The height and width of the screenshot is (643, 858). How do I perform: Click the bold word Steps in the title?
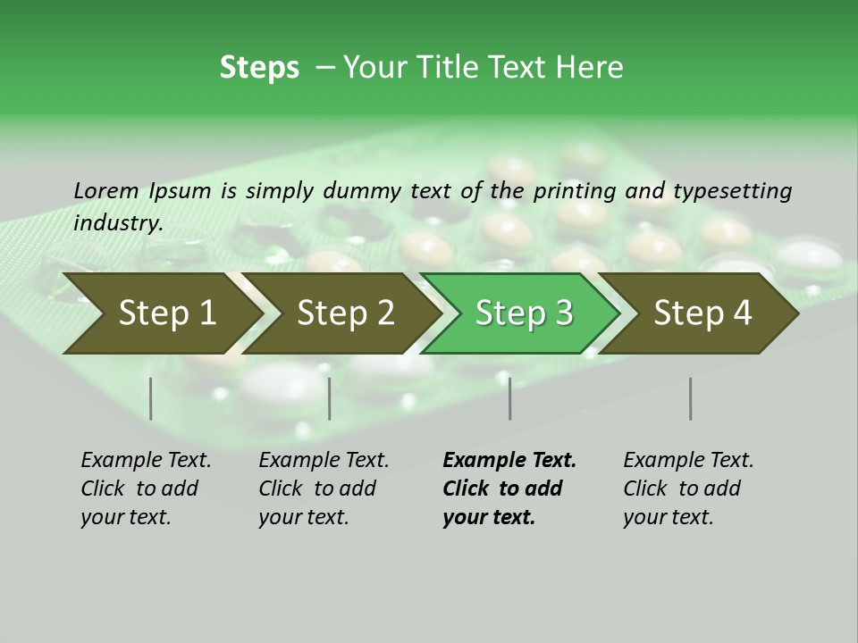point(259,68)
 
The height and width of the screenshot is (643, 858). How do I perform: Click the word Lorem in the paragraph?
point(105,191)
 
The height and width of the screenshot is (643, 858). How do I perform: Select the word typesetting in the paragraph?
point(732,191)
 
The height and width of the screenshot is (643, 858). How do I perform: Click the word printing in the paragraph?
point(573,191)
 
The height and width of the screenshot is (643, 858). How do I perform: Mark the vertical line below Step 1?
point(151,398)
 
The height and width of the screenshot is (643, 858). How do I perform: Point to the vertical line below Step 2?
point(330,398)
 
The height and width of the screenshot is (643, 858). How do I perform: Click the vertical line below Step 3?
point(510,398)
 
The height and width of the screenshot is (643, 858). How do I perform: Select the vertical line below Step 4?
point(691,398)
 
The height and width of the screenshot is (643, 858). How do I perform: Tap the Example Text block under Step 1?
point(146,489)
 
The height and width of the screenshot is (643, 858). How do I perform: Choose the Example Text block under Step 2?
point(324,489)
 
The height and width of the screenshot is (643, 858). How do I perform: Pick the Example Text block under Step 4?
point(688,489)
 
